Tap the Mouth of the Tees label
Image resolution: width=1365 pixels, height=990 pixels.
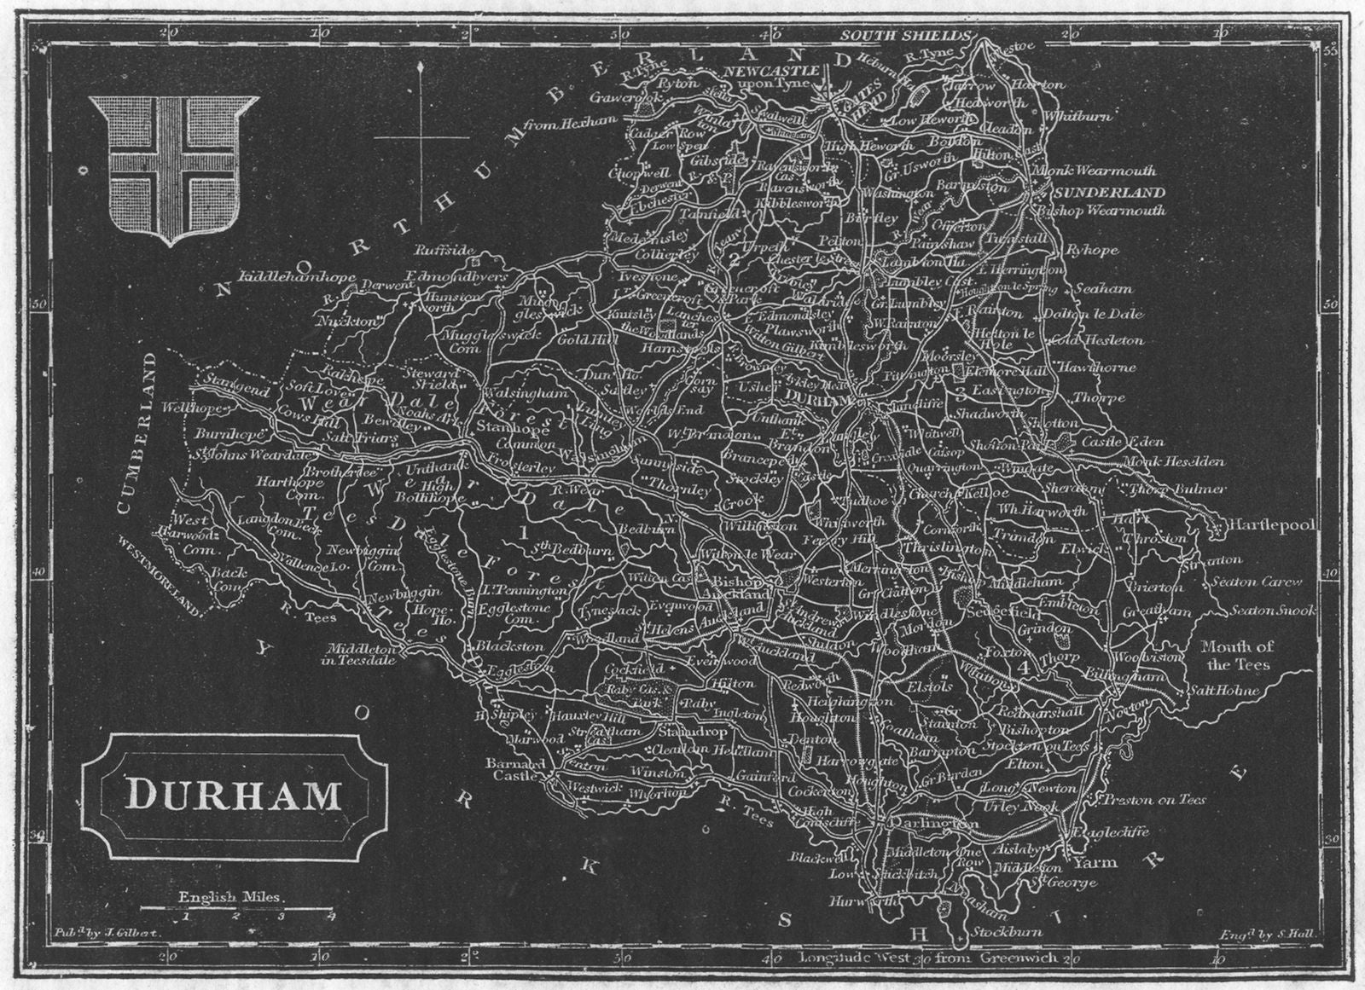(x=1237, y=656)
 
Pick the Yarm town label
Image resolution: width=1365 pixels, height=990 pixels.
(x=1095, y=862)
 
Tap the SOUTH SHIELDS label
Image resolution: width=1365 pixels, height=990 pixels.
(x=905, y=35)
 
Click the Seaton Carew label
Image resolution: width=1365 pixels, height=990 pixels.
(x=1265, y=582)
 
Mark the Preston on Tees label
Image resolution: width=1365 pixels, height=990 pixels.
(x=1153, y=799)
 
